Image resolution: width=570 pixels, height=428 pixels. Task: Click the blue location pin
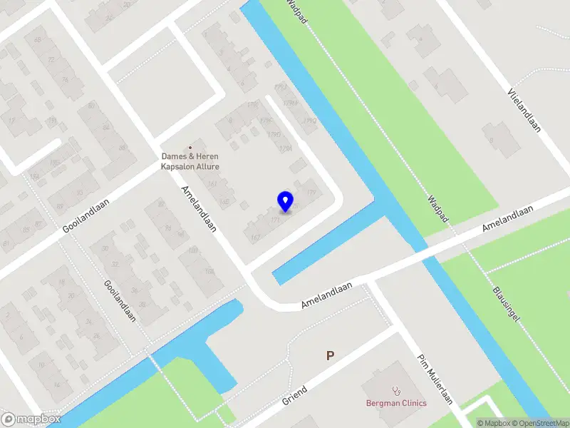(x=285, y=201)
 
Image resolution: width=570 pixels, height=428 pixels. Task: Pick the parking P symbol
(x=330, y=355)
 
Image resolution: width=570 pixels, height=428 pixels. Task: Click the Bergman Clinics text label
(x=397, y=403)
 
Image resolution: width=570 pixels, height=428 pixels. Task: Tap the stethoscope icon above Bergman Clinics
(x=397, y=390)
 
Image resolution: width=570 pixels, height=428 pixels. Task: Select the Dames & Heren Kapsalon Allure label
(x=190, y=161)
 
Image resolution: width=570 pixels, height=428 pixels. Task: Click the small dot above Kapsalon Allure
(x=190, y=147)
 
